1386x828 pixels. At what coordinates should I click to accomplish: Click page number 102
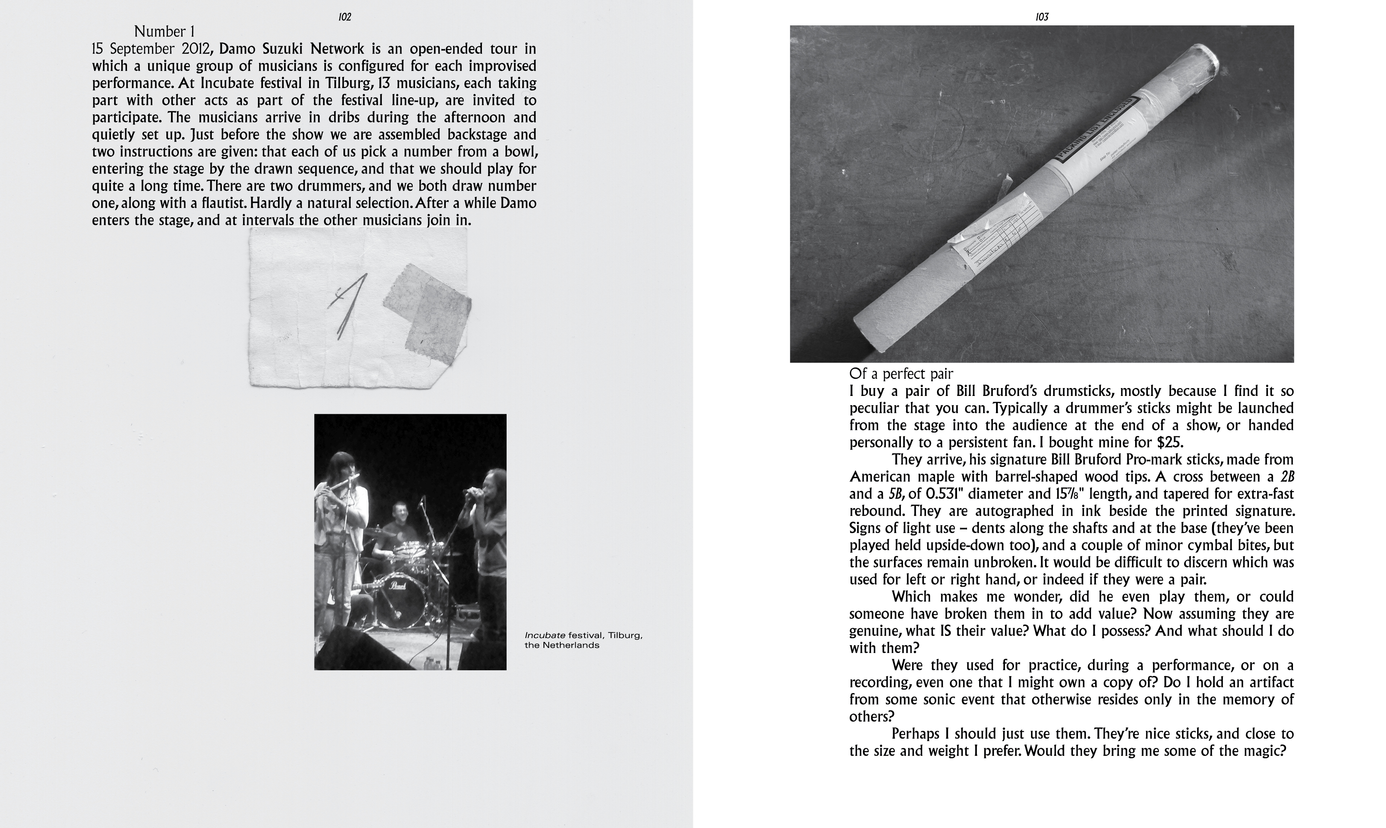coord(345,17)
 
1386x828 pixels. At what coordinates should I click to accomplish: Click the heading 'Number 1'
coord(164,32)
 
